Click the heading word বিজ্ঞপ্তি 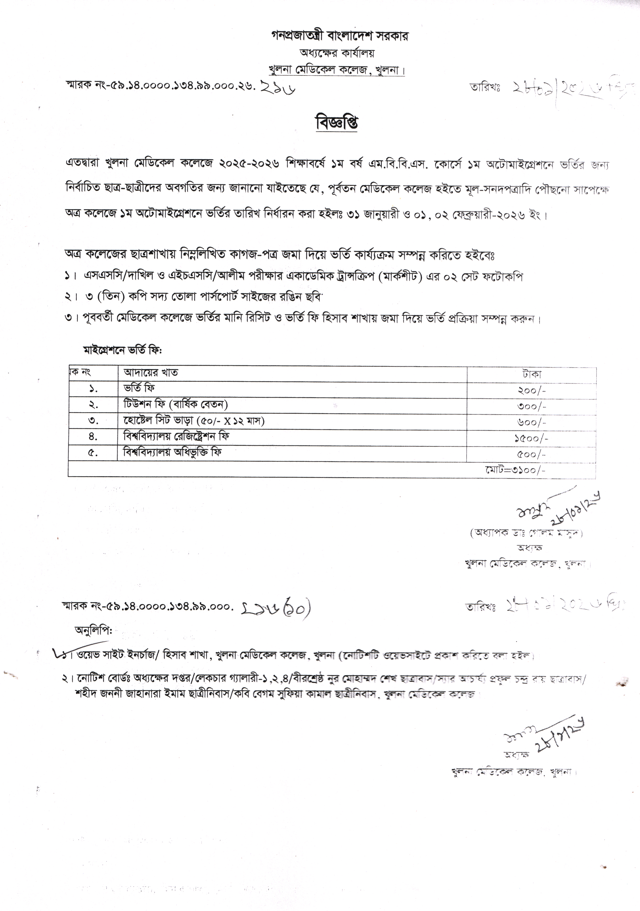[x=336, y=123]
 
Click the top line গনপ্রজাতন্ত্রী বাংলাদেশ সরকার [x=340, y=36]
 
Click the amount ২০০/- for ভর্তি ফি [x=532, y=390]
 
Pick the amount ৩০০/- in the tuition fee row [x=532, y=406]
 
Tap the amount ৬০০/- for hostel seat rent [x=532, y=422]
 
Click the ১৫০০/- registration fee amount [x=532, y=438]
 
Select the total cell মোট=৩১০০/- [x=515, y=470]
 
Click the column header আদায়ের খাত [x=151, y=373]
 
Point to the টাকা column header [x=532, y=374]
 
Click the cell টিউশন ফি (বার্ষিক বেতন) [x=175, y=405]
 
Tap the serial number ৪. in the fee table [x=93, y=437]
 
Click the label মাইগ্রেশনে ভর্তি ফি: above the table [x=123, y=350]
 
